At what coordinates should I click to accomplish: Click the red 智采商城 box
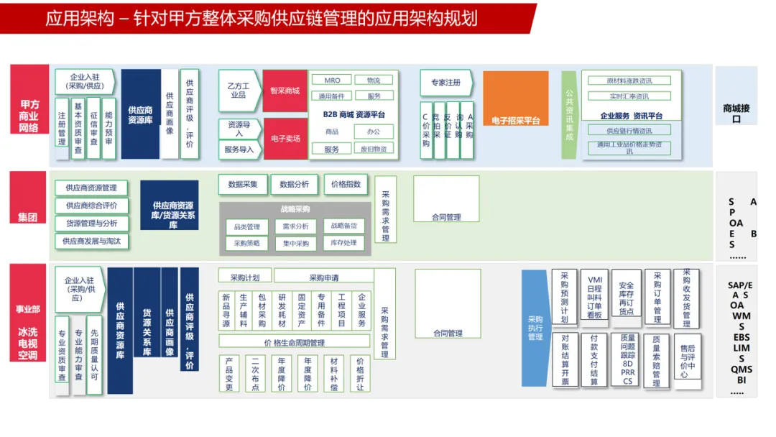[285, 91]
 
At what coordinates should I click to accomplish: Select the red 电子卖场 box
[285, 139]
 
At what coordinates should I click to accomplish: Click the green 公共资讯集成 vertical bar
[569, 114]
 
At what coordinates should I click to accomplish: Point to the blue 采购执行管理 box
[535, 328]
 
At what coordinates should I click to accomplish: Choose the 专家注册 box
[445, 83]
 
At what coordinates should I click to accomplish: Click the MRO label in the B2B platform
[332, 80]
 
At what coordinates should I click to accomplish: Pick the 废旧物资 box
[374, 149]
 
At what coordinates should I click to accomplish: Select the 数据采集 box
[243, 185]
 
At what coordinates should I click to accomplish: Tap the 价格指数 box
[346, 185]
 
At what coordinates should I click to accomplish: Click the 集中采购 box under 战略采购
[295, 244]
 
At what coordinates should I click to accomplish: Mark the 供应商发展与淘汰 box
[91, 241]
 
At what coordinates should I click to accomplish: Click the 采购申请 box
[323, 277]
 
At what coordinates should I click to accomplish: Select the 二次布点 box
[255, 374]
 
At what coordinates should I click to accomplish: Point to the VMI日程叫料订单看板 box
[594, 297]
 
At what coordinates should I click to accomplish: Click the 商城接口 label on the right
[736, 114]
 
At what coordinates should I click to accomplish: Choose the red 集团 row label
[28, 216]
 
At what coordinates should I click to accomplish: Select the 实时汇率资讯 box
[629, 96]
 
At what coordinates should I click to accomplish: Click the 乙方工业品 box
[238, 91]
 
